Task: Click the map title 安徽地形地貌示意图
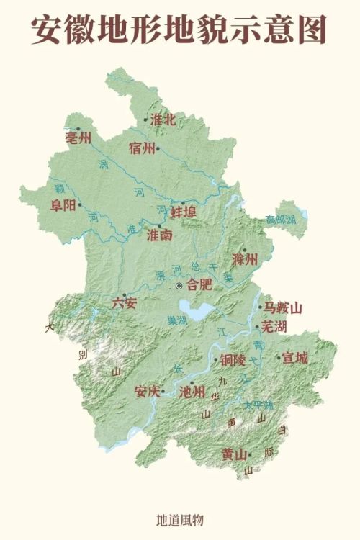tap(179, 30)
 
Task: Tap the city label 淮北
tap(163, 120)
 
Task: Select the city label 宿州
tap(143, 148)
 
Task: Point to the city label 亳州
tap(78, 138)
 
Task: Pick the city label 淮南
tap(159, 235)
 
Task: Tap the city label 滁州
tap(245, 259)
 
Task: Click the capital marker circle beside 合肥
tap(179, 286)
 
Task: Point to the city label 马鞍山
tap(281, 308)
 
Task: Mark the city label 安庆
tap(148, 392)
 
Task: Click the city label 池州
tap(192, 393)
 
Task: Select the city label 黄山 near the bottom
tap(235, 454)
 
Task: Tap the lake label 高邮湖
tap(280, 219)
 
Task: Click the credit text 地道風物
tap(180, 518)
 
